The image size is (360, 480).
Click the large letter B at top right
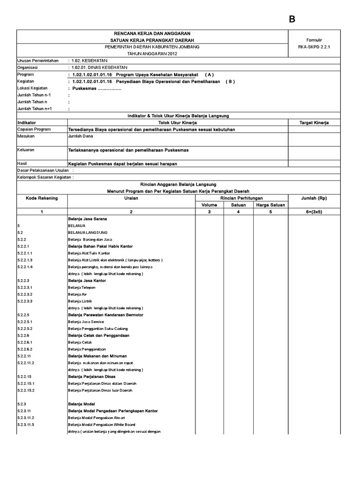292,19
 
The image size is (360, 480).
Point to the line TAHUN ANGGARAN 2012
152,53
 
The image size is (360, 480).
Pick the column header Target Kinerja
314,122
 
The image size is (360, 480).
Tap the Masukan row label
27,136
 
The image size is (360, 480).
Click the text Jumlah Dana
81,136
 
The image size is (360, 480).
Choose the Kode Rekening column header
42,198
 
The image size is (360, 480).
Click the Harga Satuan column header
270,205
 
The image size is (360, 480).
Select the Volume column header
209,205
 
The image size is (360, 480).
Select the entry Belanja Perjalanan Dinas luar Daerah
100,390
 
